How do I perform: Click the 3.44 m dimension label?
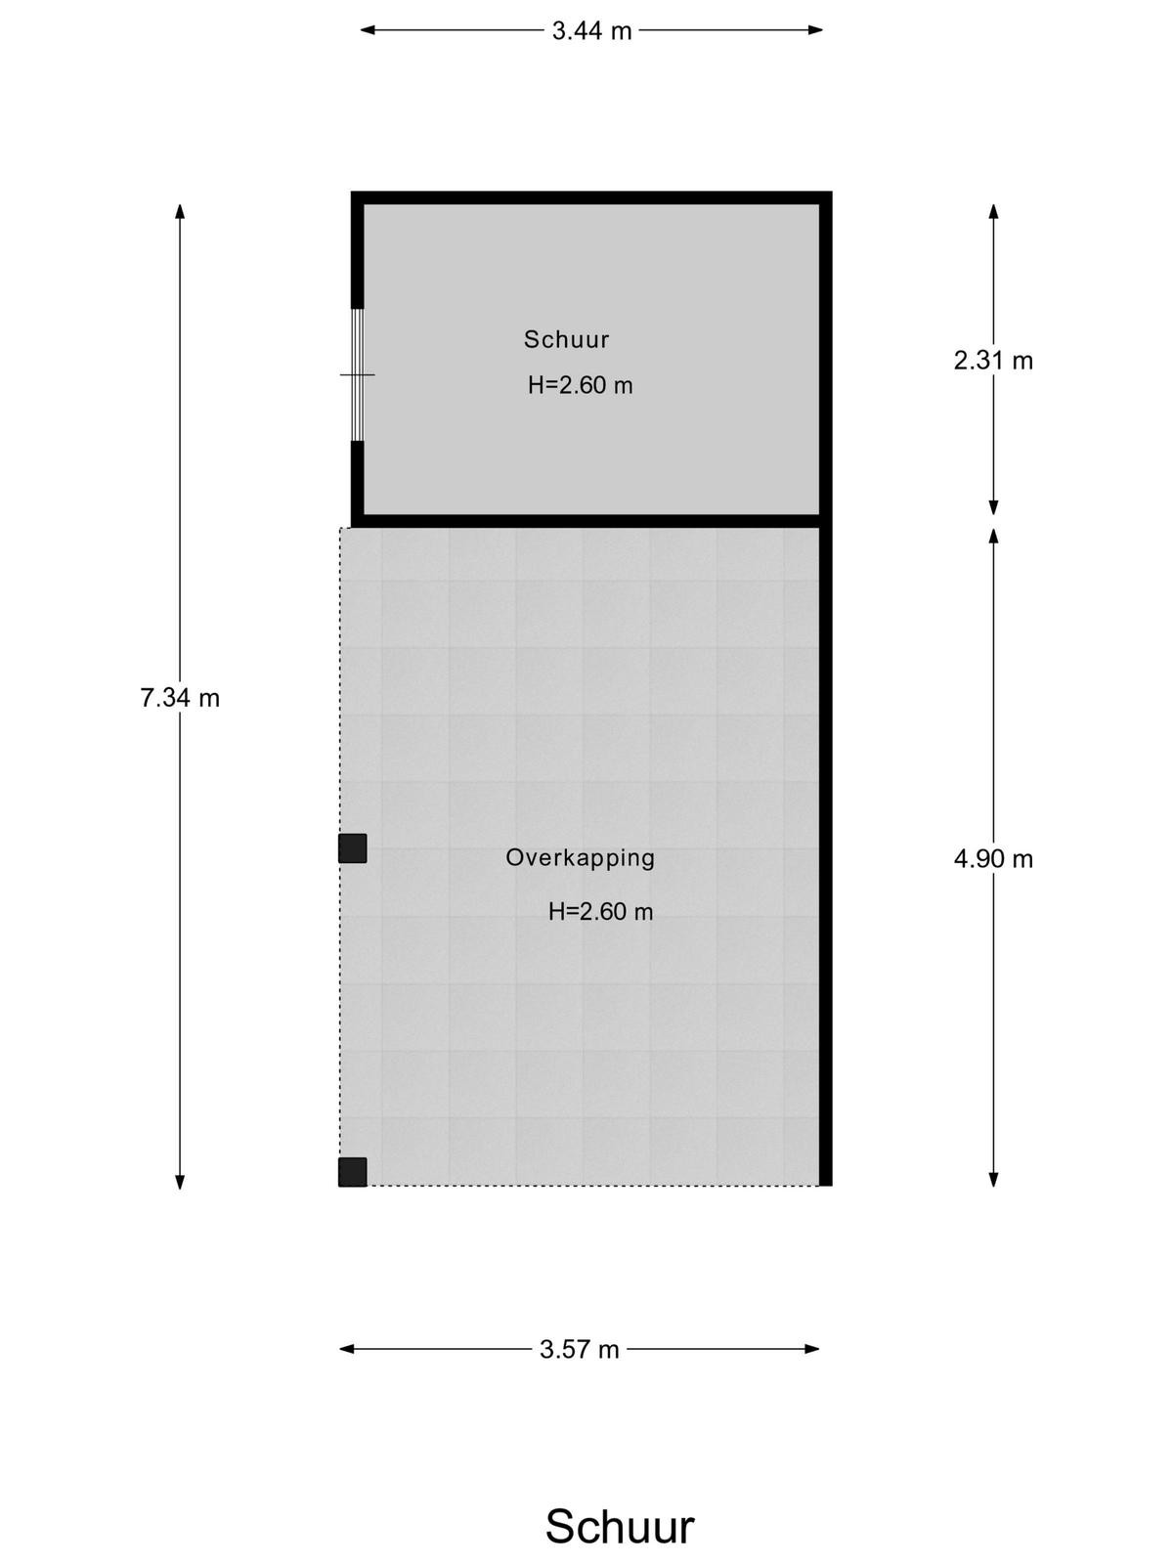tap(591, 30)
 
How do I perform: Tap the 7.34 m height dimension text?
tap(180, 698)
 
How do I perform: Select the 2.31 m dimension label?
tap(993, 361)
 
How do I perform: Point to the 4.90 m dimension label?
tap(993, 859)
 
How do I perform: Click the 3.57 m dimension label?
tap(579, 1349)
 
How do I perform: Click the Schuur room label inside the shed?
tap(566, 339)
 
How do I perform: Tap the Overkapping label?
tap(580, 858)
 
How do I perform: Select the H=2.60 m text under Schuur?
tap(580, 385)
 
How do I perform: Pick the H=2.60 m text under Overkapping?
tap(600, 911)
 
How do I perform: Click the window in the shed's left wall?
tap(358, 374)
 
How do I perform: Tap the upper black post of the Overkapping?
tap(353, 848)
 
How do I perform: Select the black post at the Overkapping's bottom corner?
tap(353, 1172)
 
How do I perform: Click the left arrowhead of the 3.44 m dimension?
tap(368, 30)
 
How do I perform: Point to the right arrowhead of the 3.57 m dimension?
tap(812, 1349)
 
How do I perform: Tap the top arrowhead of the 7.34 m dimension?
tap(180, 212)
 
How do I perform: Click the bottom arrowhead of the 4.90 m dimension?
tap(993, 1179)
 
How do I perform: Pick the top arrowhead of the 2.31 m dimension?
tap(993, 212)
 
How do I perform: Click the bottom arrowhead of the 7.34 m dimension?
tap(180, 1182)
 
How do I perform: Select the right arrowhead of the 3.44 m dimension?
tap(815, 30)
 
